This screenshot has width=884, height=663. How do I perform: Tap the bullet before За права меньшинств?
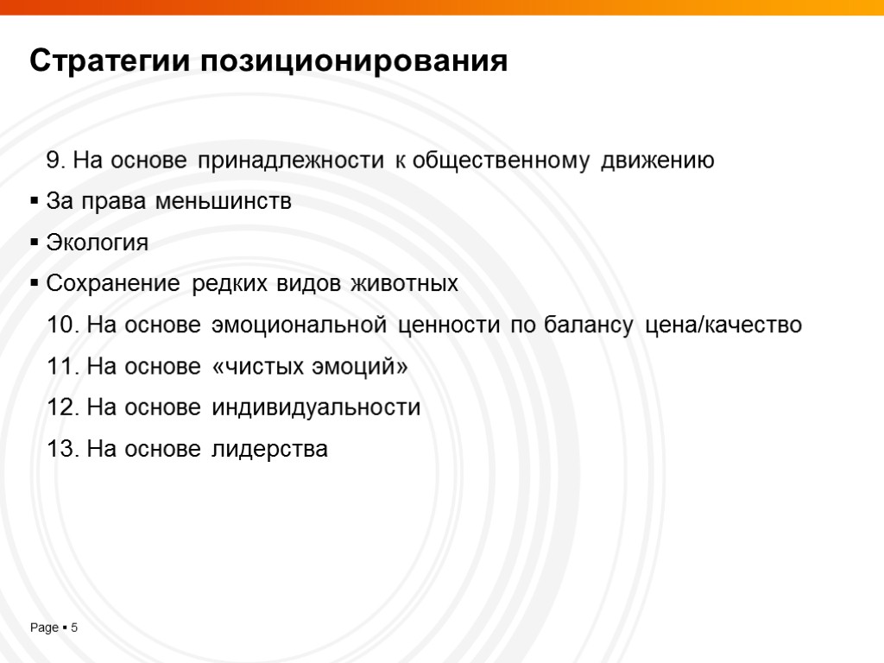35,202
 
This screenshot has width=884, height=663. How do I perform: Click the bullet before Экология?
35,243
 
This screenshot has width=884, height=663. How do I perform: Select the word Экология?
98,243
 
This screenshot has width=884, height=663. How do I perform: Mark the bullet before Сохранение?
35,284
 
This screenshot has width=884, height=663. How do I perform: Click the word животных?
401,284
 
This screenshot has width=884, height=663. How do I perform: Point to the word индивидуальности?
316,407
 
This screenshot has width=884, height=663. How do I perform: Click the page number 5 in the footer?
74,628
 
